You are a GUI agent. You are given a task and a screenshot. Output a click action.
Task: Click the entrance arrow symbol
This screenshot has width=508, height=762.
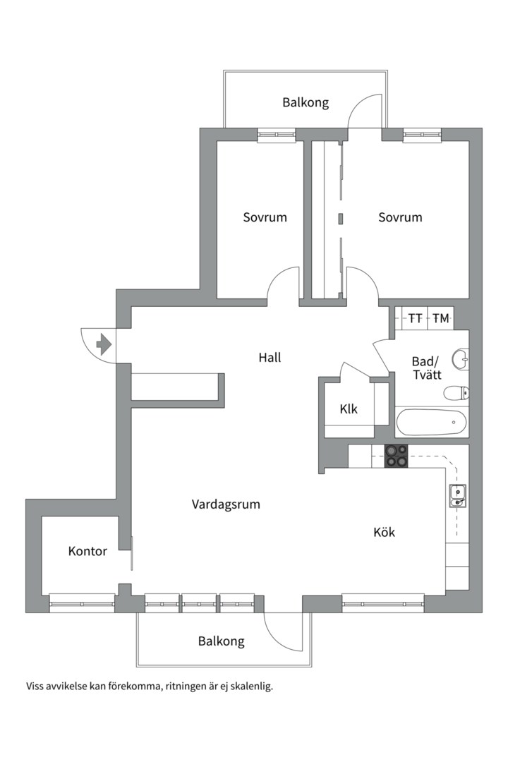click(103, 344)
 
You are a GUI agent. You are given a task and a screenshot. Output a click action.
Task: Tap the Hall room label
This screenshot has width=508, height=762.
click(270, 358)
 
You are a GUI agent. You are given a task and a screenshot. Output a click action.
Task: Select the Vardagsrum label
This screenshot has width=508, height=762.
click(226, 504)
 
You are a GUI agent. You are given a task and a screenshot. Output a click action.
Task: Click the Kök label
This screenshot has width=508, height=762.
click(384, 532)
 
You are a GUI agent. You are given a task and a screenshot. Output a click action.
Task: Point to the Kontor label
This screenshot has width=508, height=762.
click(87, 551)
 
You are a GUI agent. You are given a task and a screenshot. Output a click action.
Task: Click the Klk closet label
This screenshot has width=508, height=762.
click(349, 409)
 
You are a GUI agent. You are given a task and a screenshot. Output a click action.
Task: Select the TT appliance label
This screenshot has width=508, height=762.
click(416, 319)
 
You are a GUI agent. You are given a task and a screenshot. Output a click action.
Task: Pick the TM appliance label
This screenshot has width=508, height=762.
click(441, 319)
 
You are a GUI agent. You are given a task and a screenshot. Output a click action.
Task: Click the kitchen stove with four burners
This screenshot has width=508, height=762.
click(396, 456)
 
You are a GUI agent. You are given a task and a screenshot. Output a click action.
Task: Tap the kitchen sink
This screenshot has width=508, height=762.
click(457, 497)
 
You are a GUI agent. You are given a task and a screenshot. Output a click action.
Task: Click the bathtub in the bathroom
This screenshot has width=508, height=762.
click(431, 423)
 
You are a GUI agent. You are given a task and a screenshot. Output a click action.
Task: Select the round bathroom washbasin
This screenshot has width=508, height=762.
click(461, 359)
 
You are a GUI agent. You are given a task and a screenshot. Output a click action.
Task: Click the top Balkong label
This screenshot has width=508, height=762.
click(306, 103)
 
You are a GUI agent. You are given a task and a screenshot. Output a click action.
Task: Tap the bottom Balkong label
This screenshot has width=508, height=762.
click(222, 641)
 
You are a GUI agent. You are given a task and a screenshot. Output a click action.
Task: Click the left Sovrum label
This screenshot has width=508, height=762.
click(265, 217)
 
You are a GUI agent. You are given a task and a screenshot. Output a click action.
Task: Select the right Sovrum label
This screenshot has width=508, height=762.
click(400, 217)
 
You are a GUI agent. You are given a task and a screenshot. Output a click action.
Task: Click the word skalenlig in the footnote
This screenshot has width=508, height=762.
click(250, 685)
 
